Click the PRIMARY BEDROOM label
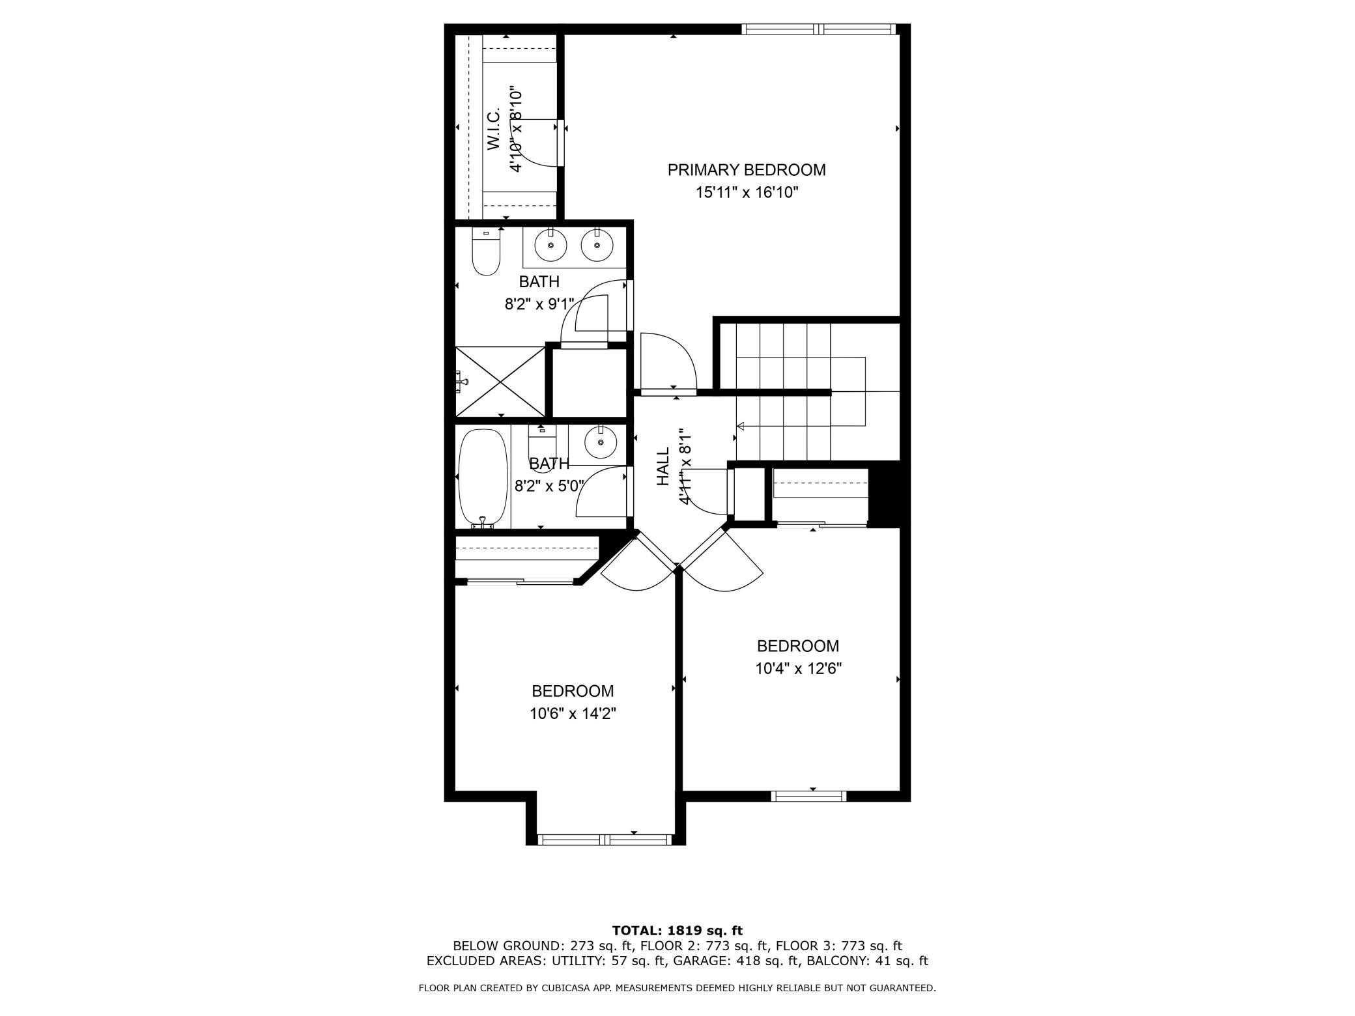(746, 170)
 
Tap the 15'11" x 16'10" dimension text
(747, 193)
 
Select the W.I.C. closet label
(493, 130)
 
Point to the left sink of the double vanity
(551, 246)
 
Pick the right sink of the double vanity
(597, 246)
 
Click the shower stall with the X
(500, 382)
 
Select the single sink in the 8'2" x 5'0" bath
(601, 444)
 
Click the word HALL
(663, 466)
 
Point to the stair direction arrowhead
(740, 427)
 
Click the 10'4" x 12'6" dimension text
(798, 669)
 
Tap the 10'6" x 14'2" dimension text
(573, 714)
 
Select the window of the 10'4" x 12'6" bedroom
(808, 796)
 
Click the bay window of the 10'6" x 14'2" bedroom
(606, 840)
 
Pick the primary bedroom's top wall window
(819, 29)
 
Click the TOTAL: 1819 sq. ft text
(677, 931)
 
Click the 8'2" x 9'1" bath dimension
(539, 304)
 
